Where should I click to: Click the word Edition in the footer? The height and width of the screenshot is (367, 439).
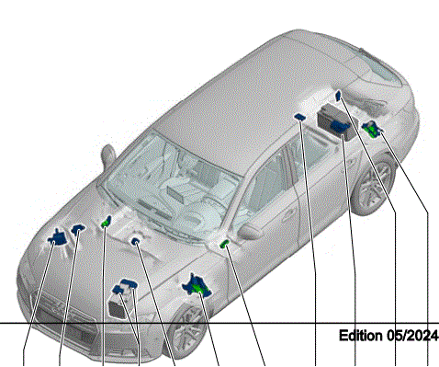tap(361, 336)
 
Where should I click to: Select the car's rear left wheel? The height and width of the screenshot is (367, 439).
tap(374, 185)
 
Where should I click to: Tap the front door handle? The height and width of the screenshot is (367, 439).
tap(288, 216)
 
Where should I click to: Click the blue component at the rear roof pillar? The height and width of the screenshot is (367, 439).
tap(338, 96)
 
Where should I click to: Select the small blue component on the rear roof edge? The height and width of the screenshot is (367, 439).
tap(299, 117)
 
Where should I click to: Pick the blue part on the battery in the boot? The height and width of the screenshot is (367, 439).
tap(340, 126)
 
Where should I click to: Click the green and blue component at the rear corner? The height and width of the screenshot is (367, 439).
tap(372, 129)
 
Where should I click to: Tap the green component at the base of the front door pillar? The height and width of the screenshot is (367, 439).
tap(225, 244)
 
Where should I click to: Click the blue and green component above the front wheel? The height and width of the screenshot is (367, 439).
tap(197, 286)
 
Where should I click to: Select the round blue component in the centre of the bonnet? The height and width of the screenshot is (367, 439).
tap(135, 241)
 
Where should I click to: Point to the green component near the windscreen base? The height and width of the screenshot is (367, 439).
tap(107, 222)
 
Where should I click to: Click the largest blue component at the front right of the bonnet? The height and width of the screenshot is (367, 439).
tap(57, 237)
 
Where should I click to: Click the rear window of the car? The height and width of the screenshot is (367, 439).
tap(379, 66)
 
